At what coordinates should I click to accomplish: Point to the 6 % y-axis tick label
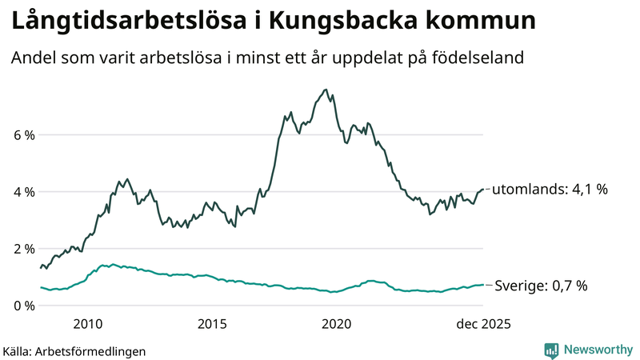click(x=23, y=135)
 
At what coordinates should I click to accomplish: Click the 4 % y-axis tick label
click(x=23, y=192)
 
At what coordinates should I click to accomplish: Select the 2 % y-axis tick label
click(x=23, y=249)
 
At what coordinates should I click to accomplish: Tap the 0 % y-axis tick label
click(x=23, y=306)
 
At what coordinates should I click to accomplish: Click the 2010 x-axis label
click(x=87, y=324)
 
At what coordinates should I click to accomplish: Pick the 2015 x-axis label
click(x=212, y=324)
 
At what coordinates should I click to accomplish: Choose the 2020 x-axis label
click(x=336, y=324)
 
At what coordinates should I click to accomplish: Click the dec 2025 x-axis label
click(x=482, y=324)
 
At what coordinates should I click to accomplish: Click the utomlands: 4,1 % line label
click(x=550, y=190)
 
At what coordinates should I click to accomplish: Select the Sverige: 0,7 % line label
click(x=542, y=286)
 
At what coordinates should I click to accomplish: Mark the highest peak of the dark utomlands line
click(x=325, y=90)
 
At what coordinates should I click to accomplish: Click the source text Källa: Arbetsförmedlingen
click(x=74, y=350)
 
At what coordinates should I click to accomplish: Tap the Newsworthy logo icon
click(x=551, y=350)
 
